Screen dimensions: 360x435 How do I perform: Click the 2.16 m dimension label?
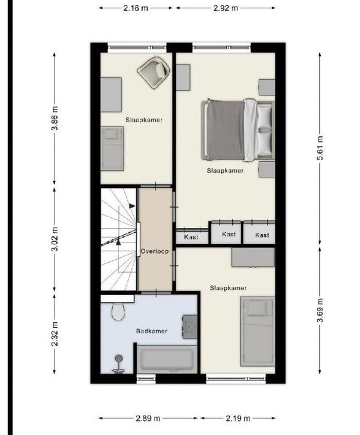(x=136, y=8)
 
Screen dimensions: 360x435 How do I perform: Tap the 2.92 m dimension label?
(x=226, y=8)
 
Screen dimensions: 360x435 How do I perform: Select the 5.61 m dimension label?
(x=320, y=148)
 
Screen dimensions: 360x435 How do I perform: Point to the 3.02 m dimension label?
(x=55, y=239)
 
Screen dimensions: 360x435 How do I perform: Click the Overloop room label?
(x=154, y=251)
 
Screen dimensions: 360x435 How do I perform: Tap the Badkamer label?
(x=152, y=331)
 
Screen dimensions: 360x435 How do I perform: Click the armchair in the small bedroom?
(x=154, y=73)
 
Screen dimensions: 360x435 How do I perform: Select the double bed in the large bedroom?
(x=238, y=130)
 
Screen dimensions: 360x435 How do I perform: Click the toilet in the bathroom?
(x=118, y=311)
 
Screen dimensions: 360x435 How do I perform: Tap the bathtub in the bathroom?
(x=167, y=359)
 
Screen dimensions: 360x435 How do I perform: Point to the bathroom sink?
(x=190, y=326)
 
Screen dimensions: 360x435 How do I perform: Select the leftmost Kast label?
(x=191, y=237)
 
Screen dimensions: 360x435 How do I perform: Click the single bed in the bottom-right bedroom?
(x=257, y=331)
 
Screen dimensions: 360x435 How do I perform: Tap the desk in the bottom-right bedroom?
(x=253, y=257)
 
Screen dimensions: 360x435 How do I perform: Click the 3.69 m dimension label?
(x=320, y=310)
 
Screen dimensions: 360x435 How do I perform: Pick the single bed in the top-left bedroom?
(x=112, y=149)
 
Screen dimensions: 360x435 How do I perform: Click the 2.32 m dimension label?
(x=55, y=334)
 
